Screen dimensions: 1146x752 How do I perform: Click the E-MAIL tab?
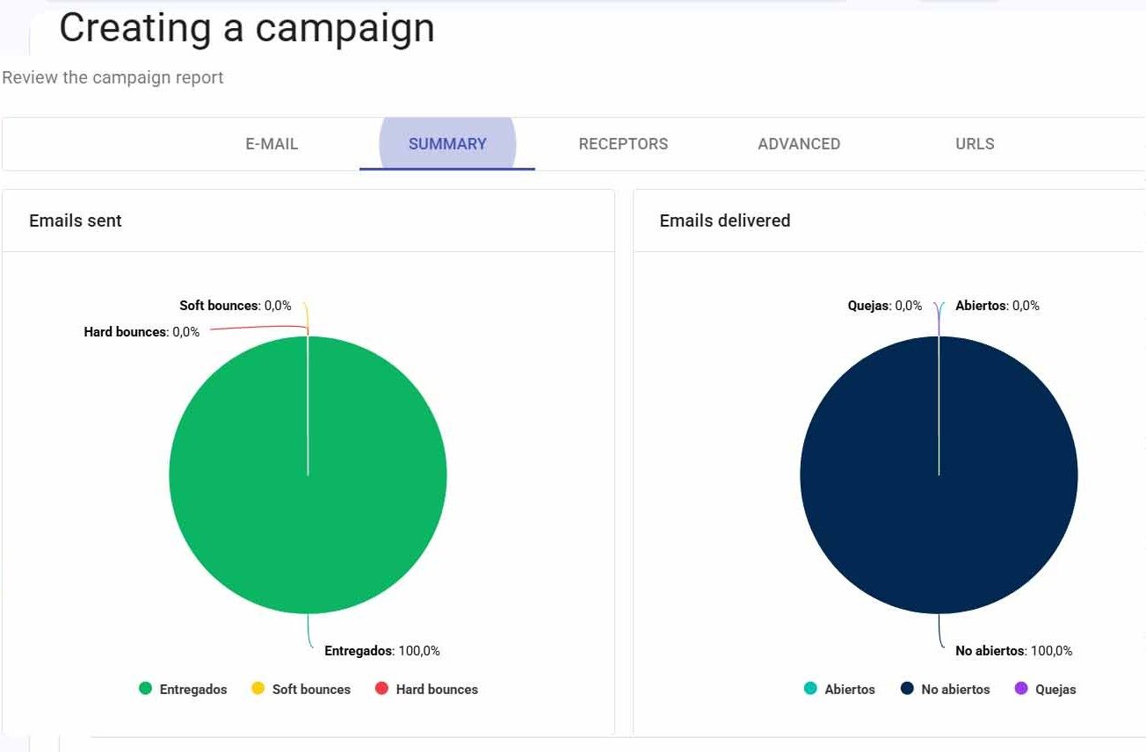click(272, 144)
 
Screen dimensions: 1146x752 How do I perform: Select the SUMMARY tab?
click(447, 144)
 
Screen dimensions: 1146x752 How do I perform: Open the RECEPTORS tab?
click(623, 144)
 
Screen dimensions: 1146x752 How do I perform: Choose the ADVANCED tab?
click(799, 144)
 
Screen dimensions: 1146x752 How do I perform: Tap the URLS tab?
click(975, 144)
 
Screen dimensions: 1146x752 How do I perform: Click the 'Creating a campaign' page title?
click(247, 28)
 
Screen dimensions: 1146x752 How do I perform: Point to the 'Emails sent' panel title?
click(76, 221)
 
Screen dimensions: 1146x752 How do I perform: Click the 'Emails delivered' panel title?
click(725, 221)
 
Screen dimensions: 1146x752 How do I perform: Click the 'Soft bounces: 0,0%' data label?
click(236, 306)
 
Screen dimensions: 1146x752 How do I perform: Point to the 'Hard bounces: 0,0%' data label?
click(141, 332)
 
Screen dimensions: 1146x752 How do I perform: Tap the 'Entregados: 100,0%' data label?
click(382, 651)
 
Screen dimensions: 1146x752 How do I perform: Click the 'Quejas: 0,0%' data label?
click(885, 306)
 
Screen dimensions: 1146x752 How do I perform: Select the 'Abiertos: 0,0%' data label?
click(997, 306)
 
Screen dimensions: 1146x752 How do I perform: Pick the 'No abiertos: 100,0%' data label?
click(1014, 651)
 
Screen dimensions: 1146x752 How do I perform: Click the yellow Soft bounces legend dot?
click(257, 689)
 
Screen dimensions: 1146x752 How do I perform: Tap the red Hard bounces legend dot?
click(381, 689)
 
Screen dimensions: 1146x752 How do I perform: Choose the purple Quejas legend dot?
click(1021, 689)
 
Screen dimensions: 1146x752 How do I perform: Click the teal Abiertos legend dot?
click(810, 689)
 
